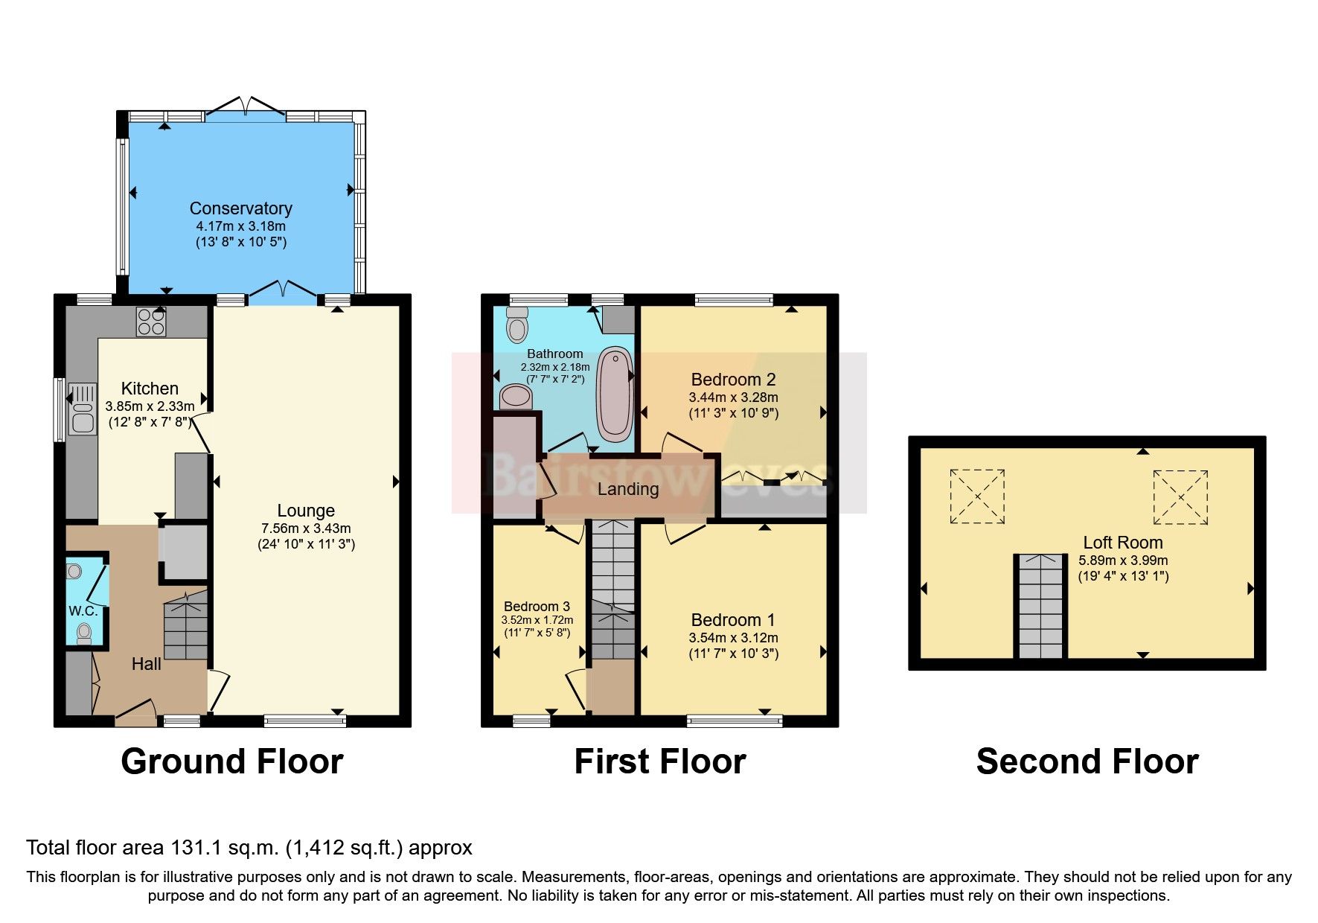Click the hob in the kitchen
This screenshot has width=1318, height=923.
tap(151, 322)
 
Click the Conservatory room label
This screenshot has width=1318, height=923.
tap(240, 208)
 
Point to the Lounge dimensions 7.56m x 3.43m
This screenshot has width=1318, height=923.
tap(306, 528)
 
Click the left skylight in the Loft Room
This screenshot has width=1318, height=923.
tap(977, 496)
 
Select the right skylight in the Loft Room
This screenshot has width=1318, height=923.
tap(1180, 497)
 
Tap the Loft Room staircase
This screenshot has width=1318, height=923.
tap(1040, 607)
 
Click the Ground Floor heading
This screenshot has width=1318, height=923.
tap(232, 761)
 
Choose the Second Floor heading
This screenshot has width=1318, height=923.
tap(1087, 761)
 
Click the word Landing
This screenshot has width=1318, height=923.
tap(628, 489)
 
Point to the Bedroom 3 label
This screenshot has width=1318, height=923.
tap(537, 606)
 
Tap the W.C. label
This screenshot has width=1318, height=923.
tap(83, 611)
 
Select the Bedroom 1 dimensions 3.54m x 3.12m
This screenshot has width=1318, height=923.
tap(733, 638)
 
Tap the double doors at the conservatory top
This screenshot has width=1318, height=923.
tap(246, 106)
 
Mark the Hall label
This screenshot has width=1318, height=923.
tap(146, 664)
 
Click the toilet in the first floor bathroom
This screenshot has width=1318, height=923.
tap(516, 326)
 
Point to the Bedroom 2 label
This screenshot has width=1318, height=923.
tap(733, 380)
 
